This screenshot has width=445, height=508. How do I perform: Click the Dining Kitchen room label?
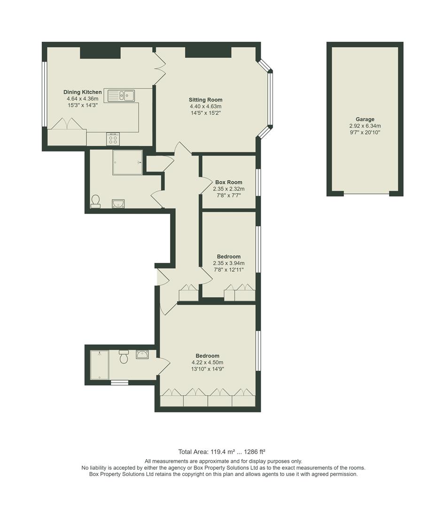click(83, 92)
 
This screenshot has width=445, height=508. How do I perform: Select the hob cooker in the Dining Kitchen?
click(113, 139)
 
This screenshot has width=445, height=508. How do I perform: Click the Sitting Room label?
click(205, 100)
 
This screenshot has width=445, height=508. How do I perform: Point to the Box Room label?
click(228, 182)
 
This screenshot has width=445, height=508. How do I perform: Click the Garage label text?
click(365, 119)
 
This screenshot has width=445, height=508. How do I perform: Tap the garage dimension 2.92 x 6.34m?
click(365, 126)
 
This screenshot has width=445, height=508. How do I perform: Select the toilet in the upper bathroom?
click(95, 201)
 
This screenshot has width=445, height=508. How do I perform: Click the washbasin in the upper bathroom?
click(118, 203)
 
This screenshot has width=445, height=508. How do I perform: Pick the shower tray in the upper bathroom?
click(127, 163)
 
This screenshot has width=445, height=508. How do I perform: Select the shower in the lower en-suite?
click(100, 365)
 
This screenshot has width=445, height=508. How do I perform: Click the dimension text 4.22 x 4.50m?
click(207, 363)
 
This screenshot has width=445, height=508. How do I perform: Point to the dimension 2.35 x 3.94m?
click(228, 263)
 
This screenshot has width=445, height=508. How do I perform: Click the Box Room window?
click(258, 181)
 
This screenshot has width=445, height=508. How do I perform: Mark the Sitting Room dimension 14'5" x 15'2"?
click(205, 113)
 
